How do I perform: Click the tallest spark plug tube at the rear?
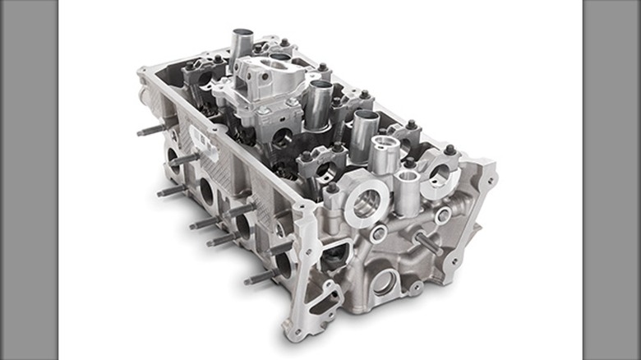[241, 46]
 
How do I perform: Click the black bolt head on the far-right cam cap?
[450, 150]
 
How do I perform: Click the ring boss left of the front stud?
[379, 234]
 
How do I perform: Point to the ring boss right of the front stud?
[444, 216]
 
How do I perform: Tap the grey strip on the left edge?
[28, 180]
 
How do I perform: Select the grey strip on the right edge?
[611, 180]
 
